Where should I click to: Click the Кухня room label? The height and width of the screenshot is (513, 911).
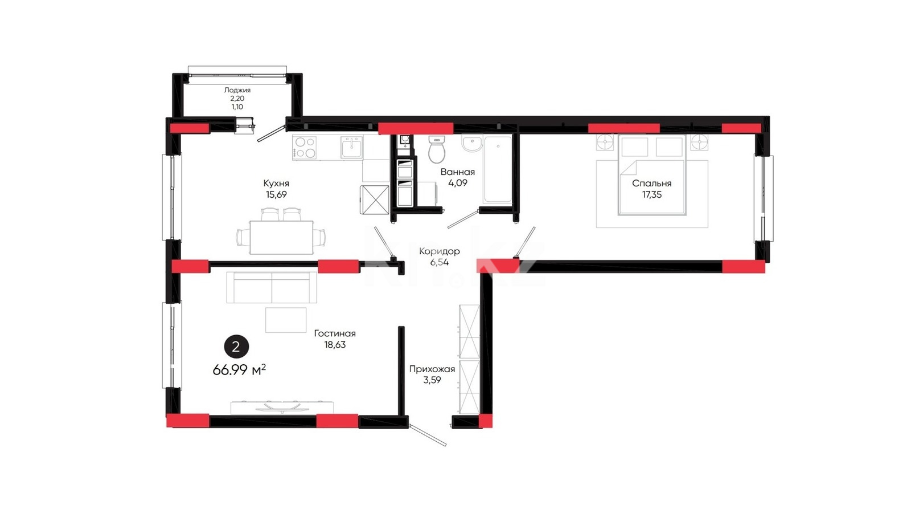tap(276, 183)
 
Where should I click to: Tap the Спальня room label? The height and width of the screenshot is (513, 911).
tap(651, 184)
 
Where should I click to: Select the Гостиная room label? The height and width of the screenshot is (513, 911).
tap(335, 333)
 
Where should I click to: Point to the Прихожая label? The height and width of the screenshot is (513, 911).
tap(432, 369)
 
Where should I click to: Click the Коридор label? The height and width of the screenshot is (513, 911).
tap(439, 251)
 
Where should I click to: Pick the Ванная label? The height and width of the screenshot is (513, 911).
tap(458, 172)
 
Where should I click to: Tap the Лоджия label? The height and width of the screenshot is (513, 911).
tap(237, 91)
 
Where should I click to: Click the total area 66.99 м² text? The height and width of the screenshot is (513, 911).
tap(239, 370)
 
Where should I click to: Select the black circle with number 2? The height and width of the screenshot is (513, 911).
tap(236, 347)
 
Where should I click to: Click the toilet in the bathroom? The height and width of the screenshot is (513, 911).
tap(437, 149)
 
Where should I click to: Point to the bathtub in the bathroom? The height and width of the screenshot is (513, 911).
tap(498, 169)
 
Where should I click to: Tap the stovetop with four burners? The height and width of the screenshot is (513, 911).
tap(305, 148)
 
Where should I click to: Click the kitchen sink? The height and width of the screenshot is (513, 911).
tap(352, 148)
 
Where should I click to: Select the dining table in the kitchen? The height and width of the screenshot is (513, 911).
tap(281, 237)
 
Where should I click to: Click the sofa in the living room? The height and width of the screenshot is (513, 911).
tap(272, 287)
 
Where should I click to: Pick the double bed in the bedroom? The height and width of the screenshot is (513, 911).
tap(651, 175)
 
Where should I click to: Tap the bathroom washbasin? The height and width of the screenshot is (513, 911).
tap(472, 144)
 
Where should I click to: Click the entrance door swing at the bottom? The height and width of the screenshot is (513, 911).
tap(428, 435)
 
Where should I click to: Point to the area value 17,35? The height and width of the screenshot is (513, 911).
tap(651, 195)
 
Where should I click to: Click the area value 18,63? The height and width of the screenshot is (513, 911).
tap(335, 345)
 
